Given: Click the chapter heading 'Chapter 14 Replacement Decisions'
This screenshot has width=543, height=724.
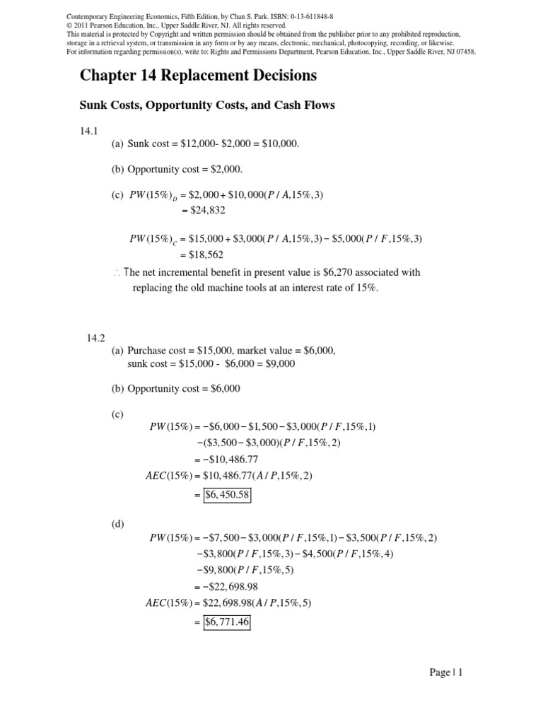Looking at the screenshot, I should pyautogui.click(x=198, y=76).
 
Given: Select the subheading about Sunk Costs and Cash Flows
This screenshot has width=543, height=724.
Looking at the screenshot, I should pyautogui.click(x=206, y=105).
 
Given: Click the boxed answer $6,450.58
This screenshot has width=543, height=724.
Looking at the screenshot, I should pyautogui.click(x=227, y=495).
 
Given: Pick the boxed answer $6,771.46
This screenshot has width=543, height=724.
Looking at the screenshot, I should pyautogui.click(x=227, y=622).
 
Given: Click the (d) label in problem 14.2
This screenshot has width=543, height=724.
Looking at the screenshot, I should pyautogui.click(x=117, y=524).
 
